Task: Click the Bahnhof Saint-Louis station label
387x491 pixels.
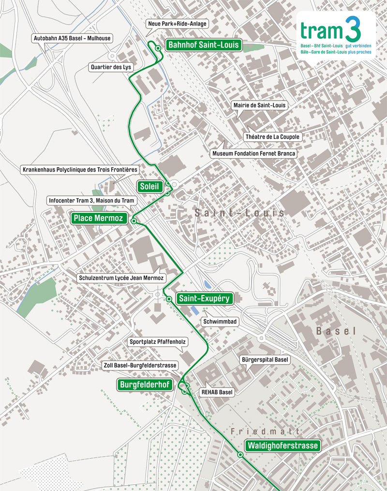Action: point(204,45)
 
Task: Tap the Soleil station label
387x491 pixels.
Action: point(149,187)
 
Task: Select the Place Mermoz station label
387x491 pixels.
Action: point(99,218)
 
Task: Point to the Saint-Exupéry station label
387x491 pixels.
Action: point(204,298)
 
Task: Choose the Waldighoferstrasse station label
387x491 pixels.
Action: point(283,446)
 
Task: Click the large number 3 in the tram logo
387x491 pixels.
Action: point(352,30)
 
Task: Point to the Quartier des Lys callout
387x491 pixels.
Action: point(111,67)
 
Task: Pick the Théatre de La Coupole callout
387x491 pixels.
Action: point(273,137)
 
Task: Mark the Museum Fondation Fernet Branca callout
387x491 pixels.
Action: point(253,153)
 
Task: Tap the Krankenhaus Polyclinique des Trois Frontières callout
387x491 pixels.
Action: point(80,170)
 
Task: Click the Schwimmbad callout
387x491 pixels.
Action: point(220,321)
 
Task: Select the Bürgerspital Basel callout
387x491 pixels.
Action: point(265,360)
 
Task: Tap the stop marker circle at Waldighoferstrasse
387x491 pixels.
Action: point(240,454)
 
